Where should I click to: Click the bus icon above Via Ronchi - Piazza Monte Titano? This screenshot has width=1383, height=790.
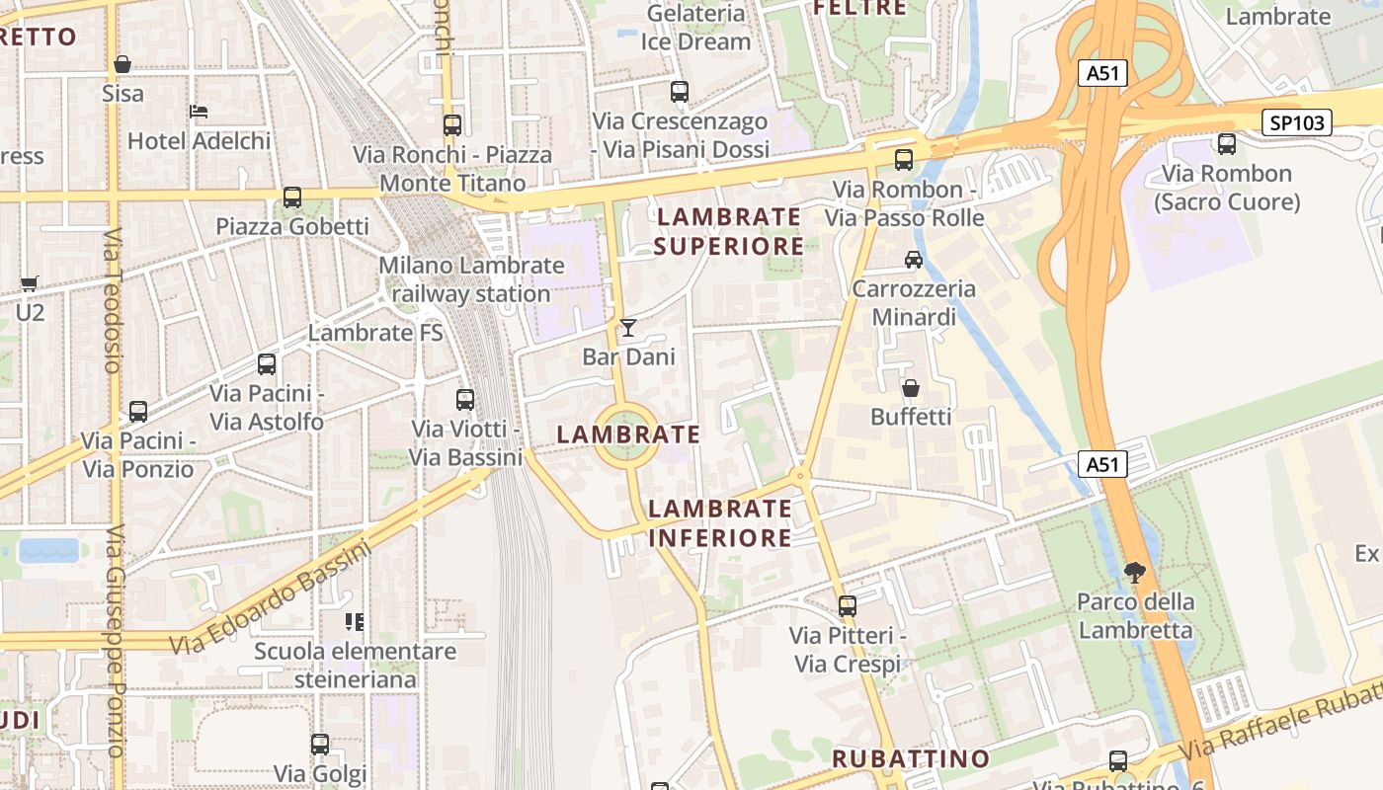point(452,125)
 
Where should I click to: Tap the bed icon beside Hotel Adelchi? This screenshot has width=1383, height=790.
point(199,111)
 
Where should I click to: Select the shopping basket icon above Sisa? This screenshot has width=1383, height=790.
point(122,64)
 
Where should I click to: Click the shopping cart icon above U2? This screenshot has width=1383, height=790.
point(30,283)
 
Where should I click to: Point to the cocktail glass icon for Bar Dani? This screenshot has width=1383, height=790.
point(628,327)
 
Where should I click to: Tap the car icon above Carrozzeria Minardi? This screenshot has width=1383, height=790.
point(914,260)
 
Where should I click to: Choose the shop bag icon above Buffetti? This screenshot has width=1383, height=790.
point(911,388)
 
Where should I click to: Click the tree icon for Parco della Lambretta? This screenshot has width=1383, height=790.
point(1135,572)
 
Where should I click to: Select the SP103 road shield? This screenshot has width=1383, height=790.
point(1297,122)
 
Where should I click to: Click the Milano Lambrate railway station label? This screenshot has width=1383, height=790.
point(471,279)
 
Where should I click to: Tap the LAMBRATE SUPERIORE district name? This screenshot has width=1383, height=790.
point(729,231)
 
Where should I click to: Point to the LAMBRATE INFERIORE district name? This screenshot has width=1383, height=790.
point(720,523)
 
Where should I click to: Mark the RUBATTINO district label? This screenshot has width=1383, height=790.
point(910,758)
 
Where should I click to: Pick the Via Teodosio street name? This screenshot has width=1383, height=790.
point(113,300)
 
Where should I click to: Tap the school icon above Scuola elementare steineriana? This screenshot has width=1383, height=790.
point(355,622)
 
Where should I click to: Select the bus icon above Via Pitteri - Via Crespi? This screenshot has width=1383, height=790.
point(848,606)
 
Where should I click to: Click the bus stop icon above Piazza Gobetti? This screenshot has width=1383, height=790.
point(292,197)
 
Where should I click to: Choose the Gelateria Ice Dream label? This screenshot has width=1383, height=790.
point(695,28)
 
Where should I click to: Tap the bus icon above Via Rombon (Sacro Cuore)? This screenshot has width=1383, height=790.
point(1227,144)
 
